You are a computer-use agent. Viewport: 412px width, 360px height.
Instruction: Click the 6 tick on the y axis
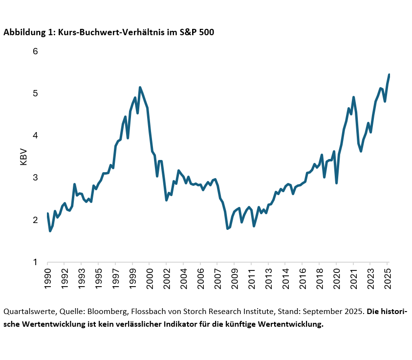click(x=35, y=51)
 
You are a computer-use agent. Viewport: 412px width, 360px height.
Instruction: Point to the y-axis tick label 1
click(x=35, y=262)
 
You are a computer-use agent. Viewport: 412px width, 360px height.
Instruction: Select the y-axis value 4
click(x=35, y=135)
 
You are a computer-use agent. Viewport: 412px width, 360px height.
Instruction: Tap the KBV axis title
click(x=23, y=157)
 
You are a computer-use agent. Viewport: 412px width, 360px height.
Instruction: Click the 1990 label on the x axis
click(x=47, y=277)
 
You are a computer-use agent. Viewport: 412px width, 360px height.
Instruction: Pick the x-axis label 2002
click(x=166, y=277)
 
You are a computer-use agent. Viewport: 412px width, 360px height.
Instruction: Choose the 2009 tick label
click(x=234, y=277)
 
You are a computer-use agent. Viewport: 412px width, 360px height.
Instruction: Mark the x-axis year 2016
click(x=302, y=277)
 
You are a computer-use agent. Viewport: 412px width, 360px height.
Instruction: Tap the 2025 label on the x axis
click(x=387, y=277)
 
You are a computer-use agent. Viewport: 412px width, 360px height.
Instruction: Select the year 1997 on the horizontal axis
click(x=115, y=277)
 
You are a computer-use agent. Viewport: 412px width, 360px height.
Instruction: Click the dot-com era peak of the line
click(x=140, y=88)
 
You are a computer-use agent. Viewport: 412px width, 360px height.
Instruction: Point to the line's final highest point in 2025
click(x=389, y=75)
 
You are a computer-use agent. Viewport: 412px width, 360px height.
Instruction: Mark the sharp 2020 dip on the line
click(x=336, y=183)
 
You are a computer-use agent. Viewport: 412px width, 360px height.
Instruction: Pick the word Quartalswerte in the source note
click(x=27, y=312)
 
